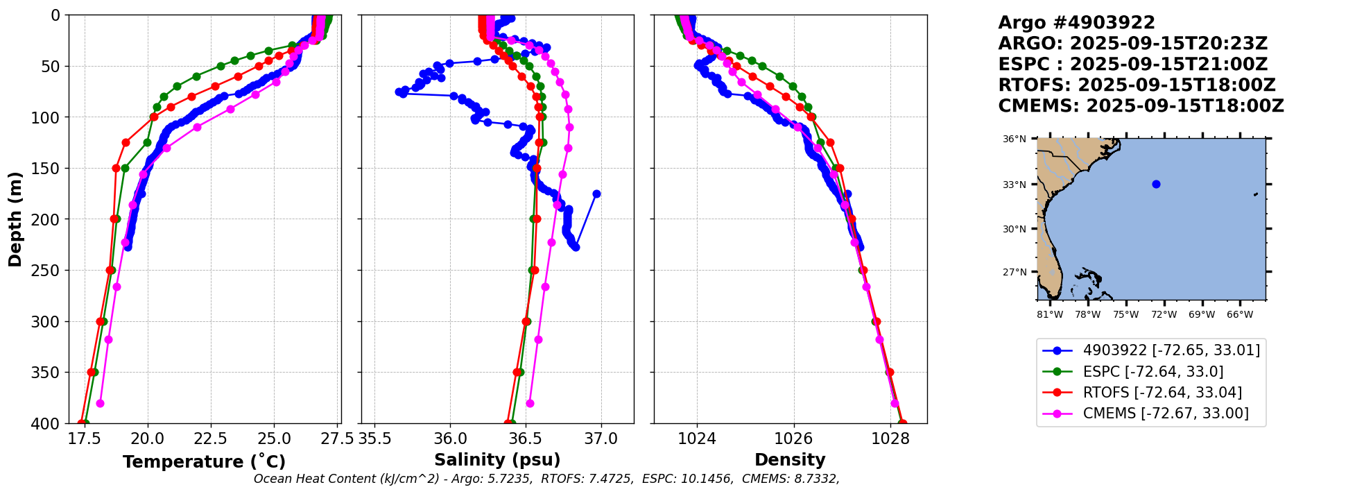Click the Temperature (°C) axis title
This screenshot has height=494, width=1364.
204,462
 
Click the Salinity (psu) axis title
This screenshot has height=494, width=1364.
497,460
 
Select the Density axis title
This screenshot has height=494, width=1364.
790,460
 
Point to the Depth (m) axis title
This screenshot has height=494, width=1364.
15,219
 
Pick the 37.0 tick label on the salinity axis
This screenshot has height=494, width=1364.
601,438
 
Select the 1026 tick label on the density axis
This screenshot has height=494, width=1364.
793,438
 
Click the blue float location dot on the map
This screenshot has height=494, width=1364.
1156,184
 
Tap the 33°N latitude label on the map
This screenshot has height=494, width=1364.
1015,185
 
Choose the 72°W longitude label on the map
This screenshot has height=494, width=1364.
1164,315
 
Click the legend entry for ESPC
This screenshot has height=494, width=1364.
1153,372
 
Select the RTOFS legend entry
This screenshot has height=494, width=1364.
1162,393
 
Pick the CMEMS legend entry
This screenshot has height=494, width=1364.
1166,414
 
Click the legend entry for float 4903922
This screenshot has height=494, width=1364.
1171,350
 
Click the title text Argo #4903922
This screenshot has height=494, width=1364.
1076,23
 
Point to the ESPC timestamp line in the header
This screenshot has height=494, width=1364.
1132,65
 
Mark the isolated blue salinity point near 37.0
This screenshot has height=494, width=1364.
596,194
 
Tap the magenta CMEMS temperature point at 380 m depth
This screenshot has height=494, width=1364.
100,403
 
